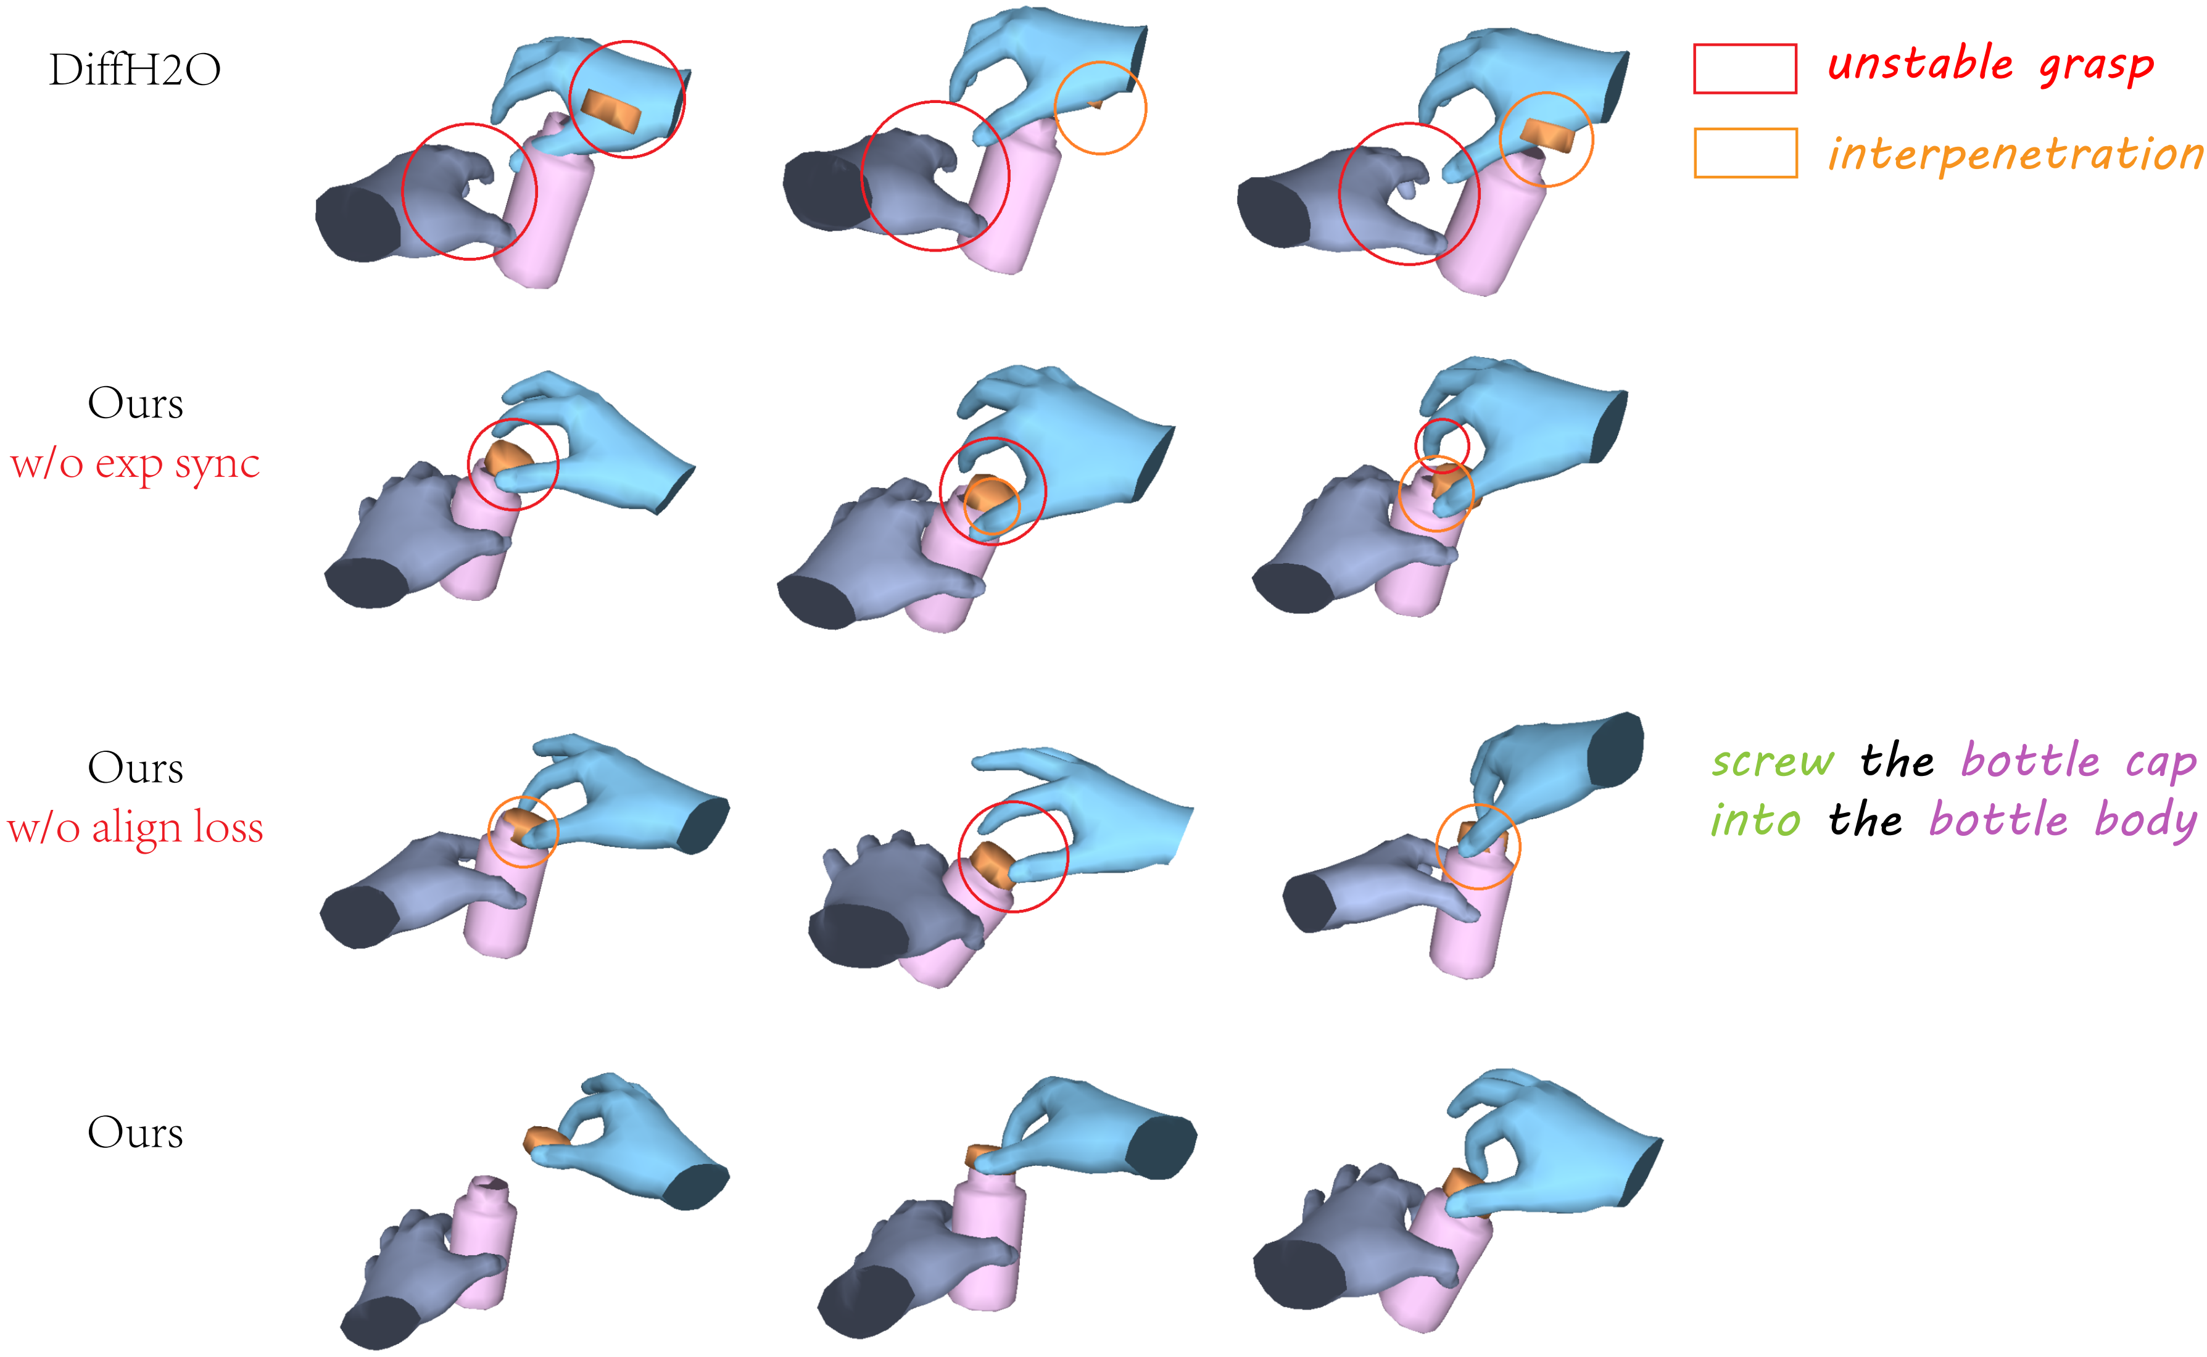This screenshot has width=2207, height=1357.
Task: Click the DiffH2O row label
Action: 135,70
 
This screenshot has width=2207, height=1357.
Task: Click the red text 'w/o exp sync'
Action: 135,464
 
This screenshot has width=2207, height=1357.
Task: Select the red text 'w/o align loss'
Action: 135,828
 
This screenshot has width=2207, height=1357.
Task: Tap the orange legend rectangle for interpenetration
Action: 1745,152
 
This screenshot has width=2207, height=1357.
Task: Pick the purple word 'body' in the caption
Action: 2146,819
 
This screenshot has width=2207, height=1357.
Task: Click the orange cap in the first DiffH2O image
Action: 611,110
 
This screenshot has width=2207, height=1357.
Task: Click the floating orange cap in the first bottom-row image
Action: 547,1140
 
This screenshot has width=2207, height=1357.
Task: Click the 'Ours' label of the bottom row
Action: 135,1132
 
